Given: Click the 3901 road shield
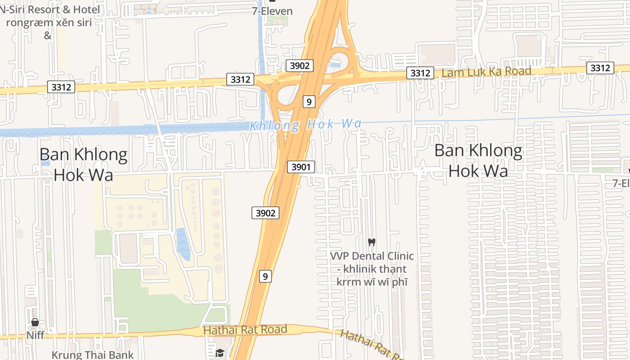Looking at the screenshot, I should coord(301,167).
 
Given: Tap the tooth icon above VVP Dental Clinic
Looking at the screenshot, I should coord(372,242).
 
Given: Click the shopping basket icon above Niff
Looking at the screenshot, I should coord(35,322).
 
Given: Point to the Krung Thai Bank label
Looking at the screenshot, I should coord(93,355).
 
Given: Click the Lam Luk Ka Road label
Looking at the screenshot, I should coord(486,72).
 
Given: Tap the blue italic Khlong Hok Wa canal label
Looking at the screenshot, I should coord(306,125).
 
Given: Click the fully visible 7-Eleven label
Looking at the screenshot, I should coord(272,11).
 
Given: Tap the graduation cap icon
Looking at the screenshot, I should coord(220,353).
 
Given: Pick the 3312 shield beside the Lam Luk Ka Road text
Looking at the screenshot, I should coord(420,73).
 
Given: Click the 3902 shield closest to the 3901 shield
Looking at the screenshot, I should coord(265,213).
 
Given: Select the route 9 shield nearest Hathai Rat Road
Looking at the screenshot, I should coord(265,276).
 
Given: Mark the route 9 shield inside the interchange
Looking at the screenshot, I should coord(309,102).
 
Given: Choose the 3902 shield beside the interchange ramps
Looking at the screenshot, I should coord(300,66).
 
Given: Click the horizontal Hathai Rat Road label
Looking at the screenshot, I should coord(245,330).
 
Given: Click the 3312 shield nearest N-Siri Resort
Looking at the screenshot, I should coord(61,87).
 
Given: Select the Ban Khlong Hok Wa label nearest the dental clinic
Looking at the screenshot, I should coord(478,161).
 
